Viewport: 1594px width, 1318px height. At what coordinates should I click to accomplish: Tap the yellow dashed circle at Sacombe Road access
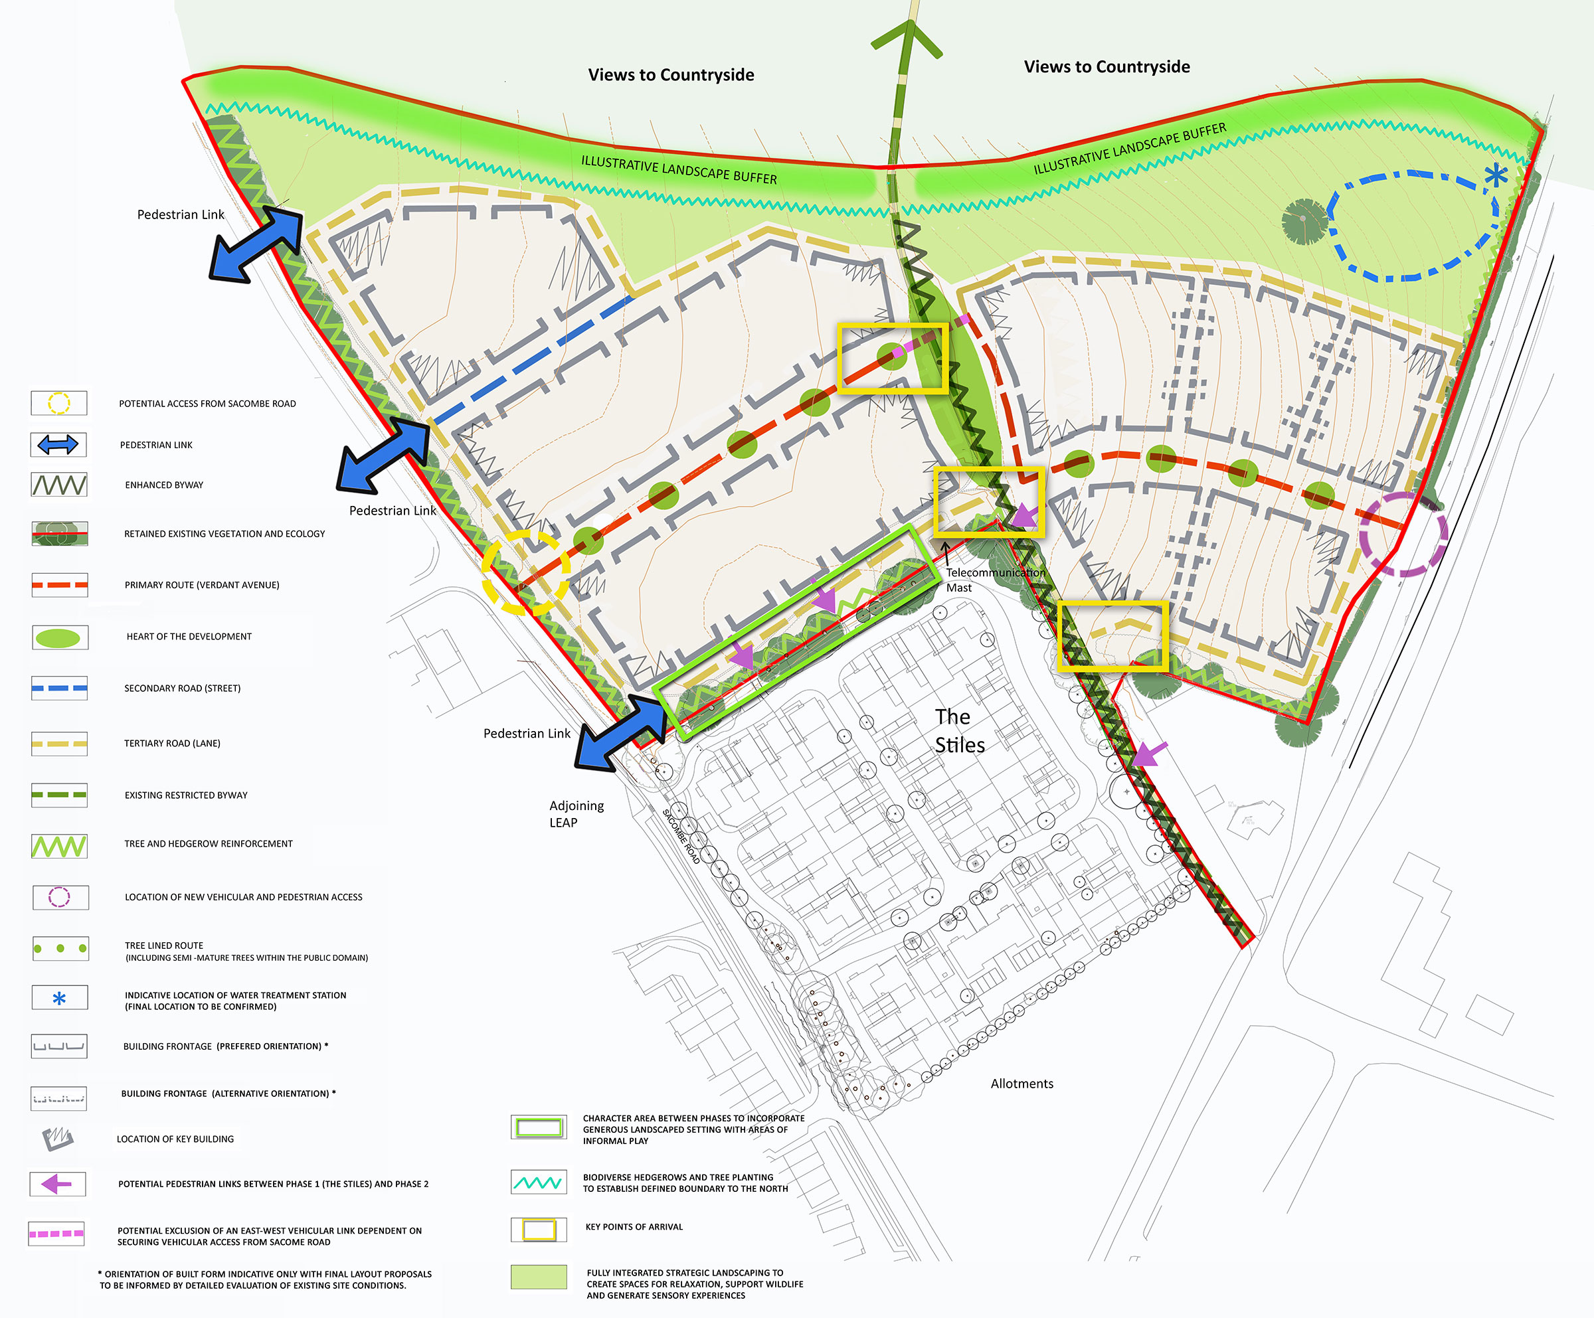[x=525, y=572]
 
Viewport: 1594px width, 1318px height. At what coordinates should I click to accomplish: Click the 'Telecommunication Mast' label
[x=994, y=580]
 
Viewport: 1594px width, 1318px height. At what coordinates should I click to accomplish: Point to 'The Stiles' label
[x=958, y=730]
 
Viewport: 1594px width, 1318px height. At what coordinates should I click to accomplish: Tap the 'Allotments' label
[x=1021, y=1084]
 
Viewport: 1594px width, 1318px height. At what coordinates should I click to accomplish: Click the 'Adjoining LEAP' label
[x=576, y=813]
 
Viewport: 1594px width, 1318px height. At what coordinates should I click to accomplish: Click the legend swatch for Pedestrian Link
[x=58, y=445]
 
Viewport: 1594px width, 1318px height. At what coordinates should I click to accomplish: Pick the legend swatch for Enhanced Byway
[x=58, y=485]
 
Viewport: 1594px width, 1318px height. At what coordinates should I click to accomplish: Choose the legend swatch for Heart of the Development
[x=59, y=637]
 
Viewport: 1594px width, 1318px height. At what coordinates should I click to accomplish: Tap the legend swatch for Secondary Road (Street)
[x=59, y=688]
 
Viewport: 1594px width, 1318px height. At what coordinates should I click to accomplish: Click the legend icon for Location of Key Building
[x=58, y=1138]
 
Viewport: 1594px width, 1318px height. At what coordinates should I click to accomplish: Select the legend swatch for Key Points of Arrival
[x=538, y=1228]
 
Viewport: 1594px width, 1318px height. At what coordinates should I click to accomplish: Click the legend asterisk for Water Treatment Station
[x=59, y=999]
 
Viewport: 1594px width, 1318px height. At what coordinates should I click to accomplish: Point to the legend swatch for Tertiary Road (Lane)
[x=59, y=744]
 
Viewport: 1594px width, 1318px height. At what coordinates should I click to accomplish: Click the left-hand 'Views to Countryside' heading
[x=671, y=74]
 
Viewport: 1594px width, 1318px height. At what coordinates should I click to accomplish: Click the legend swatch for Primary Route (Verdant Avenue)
[x=59, y=585]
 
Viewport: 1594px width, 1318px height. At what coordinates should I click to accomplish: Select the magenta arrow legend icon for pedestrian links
[x=57, y=1184]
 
